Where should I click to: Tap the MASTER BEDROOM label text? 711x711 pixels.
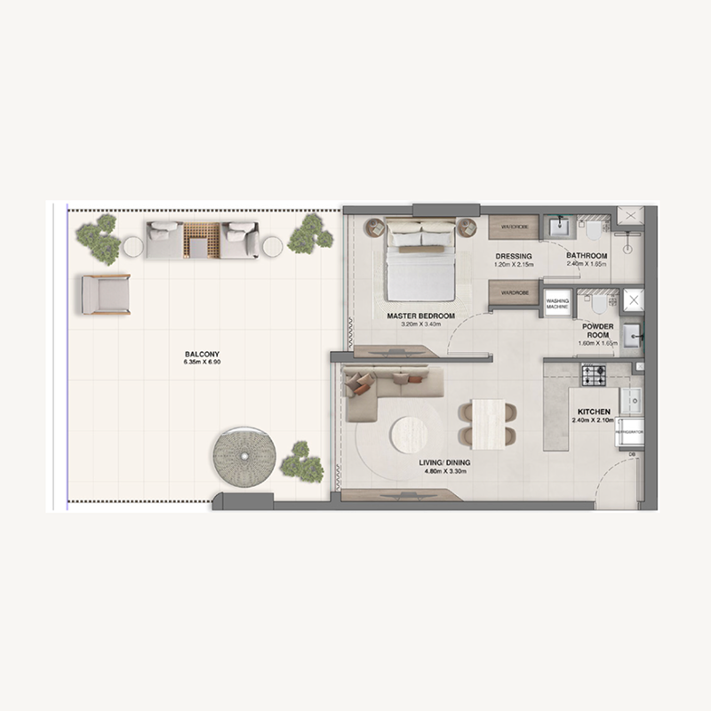coord(420,316)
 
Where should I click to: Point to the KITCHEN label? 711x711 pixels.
coord(594,412)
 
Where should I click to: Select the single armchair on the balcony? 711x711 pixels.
coord(106,294)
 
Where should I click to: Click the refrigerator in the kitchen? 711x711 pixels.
coord(632,431)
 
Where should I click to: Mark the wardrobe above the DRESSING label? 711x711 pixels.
coord(514,227)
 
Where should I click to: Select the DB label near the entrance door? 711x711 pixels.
coord(631,455)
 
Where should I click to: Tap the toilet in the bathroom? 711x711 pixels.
coord(594,230)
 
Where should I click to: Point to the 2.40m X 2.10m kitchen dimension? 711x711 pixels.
coord(594,422)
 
